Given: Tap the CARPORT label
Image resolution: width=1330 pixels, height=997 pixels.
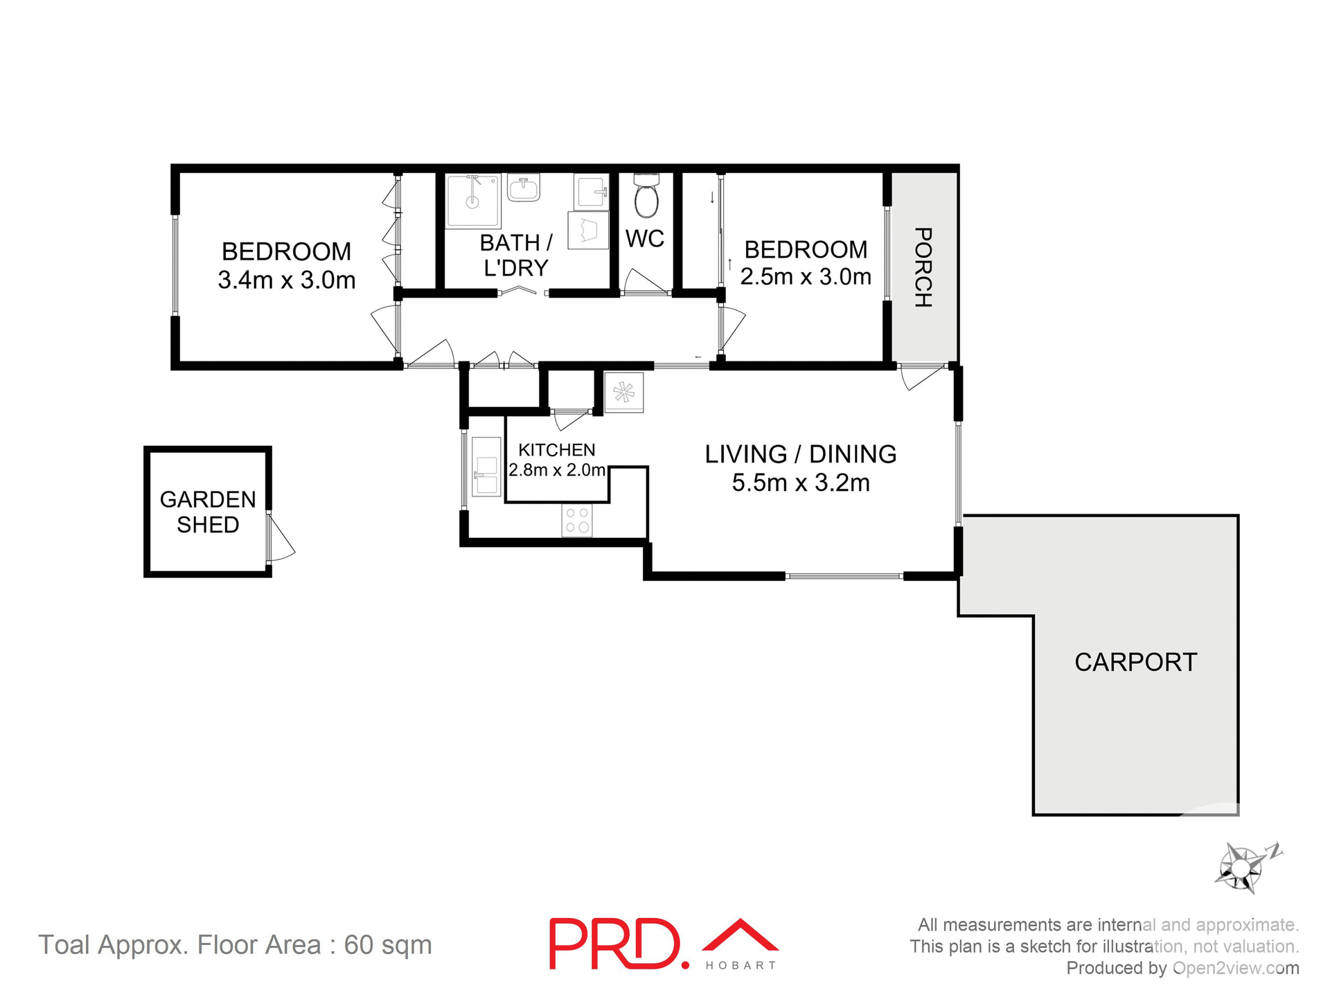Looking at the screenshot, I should (x=1135, y=663).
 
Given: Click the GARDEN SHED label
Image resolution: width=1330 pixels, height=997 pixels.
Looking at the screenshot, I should (x=208, y=512).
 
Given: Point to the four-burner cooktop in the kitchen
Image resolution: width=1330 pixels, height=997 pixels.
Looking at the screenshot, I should (x=576, y=521).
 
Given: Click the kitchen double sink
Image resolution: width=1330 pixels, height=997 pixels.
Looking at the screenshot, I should (x=486, y=466).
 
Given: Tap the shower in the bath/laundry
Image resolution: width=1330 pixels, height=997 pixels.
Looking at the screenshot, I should (x=473, y=201).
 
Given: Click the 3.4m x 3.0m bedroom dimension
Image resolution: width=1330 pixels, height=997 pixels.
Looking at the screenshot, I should (x=286, y=280).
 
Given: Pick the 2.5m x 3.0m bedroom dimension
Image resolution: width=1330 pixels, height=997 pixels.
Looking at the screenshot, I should (x=805, y=277).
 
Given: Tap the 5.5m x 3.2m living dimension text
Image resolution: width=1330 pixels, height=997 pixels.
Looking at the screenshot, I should (x=800, y=483).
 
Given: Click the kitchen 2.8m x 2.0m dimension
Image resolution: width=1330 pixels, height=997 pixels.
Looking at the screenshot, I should (x=557, y=470).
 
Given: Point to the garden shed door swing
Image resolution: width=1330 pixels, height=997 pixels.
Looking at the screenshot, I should (x=281, y=540).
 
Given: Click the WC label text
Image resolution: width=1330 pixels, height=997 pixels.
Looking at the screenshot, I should (x=644, y=239).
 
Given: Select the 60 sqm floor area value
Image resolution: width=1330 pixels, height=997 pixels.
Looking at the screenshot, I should (x=388, y=945).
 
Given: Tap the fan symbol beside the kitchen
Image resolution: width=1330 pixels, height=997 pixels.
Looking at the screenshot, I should (x=623, y=393).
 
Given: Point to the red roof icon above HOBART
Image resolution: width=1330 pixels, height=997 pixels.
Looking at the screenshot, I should (x=740, y=936).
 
